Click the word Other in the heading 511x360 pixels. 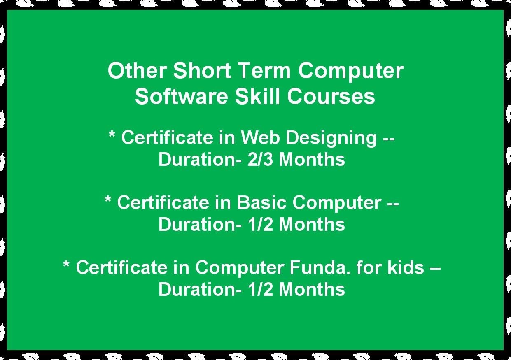point(137,70)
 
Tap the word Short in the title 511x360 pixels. point(202,70)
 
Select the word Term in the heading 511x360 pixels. point(265,70)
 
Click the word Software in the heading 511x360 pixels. point(182,96)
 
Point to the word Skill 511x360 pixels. point(257,96)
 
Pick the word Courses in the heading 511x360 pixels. point(331,96)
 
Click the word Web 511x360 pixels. point(260,137)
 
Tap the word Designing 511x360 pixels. point(331,139)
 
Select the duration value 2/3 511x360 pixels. point(260,159)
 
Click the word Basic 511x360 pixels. point(261,202)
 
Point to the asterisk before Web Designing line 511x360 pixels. point(112,134)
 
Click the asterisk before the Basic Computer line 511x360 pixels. point(107,199)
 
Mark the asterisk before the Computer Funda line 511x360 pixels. point(66,264)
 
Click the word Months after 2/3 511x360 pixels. point(312,159)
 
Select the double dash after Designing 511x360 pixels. point(389,139)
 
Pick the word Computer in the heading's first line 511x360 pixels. point(351,71)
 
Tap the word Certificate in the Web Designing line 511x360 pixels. point(167,137)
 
